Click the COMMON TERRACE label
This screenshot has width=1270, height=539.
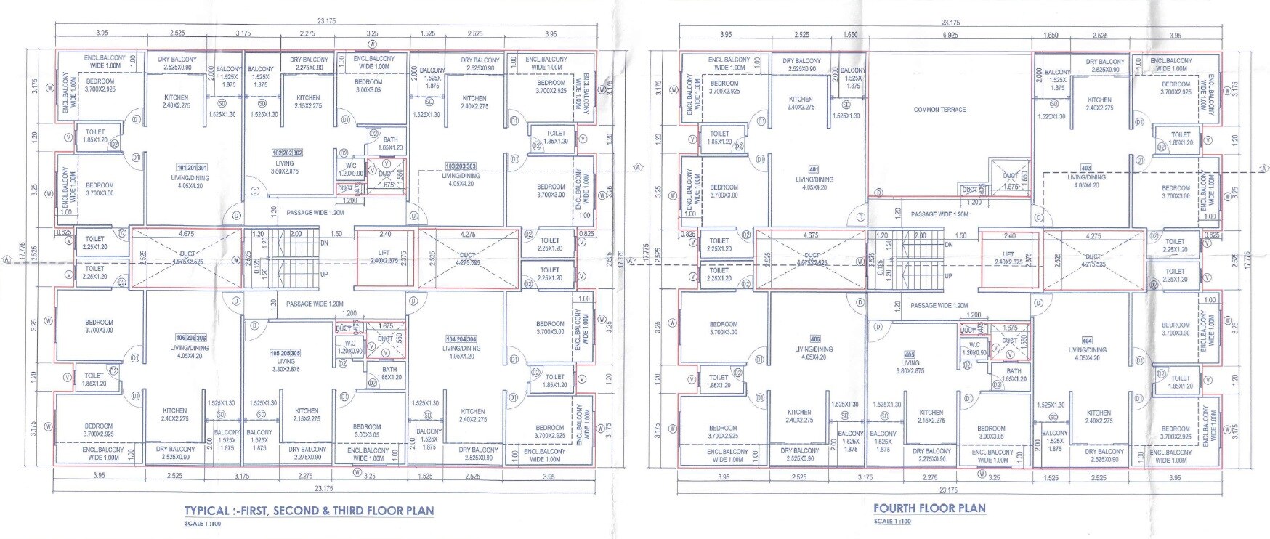pos(939,110)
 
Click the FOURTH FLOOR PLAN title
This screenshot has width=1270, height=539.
pos(929,508)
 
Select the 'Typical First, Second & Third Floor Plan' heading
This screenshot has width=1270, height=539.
pos(309,511)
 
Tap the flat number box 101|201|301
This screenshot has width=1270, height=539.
pos(192,166)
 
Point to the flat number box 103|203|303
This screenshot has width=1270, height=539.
pos(461,166)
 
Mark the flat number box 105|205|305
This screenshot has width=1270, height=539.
pos(286,353)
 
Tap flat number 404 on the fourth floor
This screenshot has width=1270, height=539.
pos(1087,341)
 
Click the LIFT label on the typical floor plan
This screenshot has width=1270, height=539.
pos(384,253)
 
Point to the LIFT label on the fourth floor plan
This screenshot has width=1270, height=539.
pos(1009,254)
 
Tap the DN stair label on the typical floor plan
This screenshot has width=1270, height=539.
pos(324,243)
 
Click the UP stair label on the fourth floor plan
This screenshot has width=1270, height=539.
pos(949,277)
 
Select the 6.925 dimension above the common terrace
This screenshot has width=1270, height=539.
pos(950,35)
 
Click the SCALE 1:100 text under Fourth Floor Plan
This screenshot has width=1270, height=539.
pos(892,522)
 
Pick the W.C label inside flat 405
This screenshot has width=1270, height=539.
pos(974,345)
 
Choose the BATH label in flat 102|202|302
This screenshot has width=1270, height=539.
pos(390,139)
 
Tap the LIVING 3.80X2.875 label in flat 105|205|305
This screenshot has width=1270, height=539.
pos(286,365)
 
